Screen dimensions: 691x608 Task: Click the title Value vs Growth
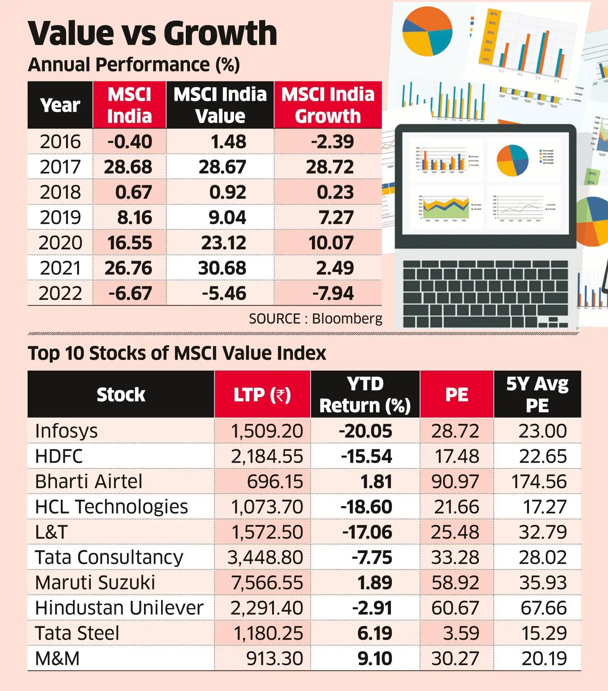coord(152,33)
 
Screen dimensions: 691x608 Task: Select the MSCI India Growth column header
coord(328,105)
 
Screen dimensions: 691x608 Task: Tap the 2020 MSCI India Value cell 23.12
coord(223,243)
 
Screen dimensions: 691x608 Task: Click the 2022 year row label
coord(60,293)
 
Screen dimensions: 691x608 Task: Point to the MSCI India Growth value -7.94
coord(333,293)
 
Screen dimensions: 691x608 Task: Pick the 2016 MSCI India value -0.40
coord(130,142)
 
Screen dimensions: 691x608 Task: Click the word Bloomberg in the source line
coord(347,319)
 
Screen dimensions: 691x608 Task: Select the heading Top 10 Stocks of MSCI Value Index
coord(177,353)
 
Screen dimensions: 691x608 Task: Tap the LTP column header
coord(262,395)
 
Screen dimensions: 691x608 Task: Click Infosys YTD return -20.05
coord(365,431)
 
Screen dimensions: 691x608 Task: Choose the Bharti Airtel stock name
coord(89,482)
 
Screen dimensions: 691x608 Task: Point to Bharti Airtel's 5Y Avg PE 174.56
coord(538,482)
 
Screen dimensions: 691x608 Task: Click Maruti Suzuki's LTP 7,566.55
coord(267,583)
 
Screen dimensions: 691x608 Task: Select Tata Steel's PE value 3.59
coord(461,633)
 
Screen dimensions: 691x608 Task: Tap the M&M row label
coord(57,658)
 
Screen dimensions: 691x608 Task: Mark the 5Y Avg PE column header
coord(537,395)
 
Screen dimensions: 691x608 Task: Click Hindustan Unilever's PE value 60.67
coord(455,608)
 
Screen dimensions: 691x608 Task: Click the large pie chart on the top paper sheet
coord(427,31)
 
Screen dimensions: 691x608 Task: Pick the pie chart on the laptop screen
coord(512,160)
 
